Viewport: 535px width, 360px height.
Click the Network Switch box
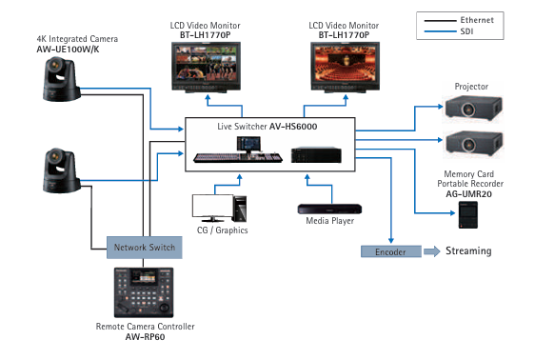coord(145,248)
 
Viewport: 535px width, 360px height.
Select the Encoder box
coord(391,251)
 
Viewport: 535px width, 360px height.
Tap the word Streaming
coord(468,250)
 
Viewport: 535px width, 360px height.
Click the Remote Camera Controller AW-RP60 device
coord(144,292)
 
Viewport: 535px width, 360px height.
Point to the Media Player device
coord(329,209)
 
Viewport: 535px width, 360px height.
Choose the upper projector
coord(473,108)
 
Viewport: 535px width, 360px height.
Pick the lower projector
coord(473,144)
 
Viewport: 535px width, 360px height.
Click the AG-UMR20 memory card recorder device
coord(468,215)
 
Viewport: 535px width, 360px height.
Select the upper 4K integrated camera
coord(62,79)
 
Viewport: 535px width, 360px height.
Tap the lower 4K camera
coord(62,170)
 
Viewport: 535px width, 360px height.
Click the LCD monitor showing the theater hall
coord(345,68)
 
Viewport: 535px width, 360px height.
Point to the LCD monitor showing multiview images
coord(206,68)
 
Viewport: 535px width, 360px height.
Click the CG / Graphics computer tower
coord(240,209)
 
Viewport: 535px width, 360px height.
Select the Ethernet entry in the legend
coord(459,20)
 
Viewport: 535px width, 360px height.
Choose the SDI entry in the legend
coord(448,31)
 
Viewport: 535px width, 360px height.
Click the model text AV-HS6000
coord(293,127)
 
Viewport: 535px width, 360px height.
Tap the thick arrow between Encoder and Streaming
coord(432,251)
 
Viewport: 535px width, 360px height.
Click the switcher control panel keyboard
coord(238,157)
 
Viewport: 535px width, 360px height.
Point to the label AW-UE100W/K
coord(68,50)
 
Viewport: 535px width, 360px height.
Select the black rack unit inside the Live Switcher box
coord(316,154)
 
